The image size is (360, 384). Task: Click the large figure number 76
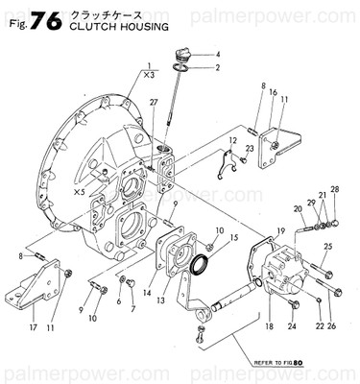tap(45, 20)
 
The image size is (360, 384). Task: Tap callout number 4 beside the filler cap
tap(217, 54)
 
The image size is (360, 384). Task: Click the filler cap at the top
tap(182, 54)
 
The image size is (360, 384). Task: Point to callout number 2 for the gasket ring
tap(217, 67)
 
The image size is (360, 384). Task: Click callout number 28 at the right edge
tap(334, 189)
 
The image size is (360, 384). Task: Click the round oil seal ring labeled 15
tap(204, 263)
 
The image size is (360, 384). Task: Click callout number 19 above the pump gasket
tap(280, 230)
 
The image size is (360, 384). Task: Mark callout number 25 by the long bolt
tap(328, 248)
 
